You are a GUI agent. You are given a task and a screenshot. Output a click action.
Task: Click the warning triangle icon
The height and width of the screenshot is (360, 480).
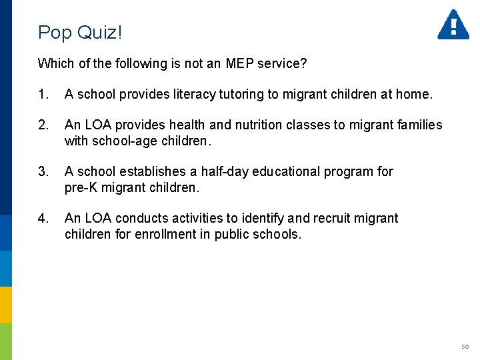453,25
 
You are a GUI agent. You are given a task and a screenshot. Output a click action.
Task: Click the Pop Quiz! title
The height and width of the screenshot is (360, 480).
81,32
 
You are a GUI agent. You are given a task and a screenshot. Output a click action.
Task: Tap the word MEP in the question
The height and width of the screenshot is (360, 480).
240,63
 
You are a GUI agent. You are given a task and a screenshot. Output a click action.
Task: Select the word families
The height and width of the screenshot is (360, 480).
418,125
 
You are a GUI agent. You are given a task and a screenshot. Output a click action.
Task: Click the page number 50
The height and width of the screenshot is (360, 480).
465,347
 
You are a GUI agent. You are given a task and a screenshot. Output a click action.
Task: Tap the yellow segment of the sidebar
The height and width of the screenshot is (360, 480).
6,305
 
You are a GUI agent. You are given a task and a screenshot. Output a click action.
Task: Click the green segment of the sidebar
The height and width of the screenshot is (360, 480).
6,341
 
